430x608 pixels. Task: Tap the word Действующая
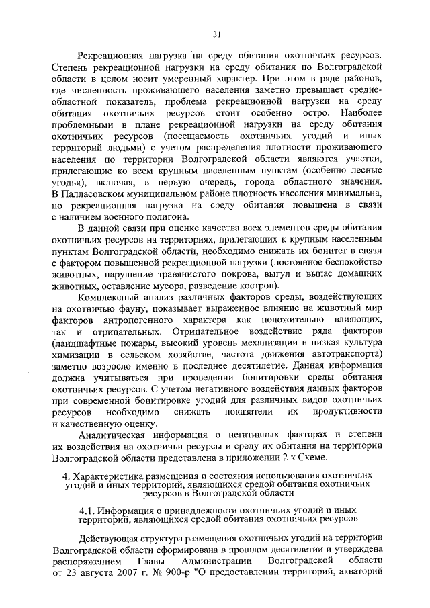pos(110,537)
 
